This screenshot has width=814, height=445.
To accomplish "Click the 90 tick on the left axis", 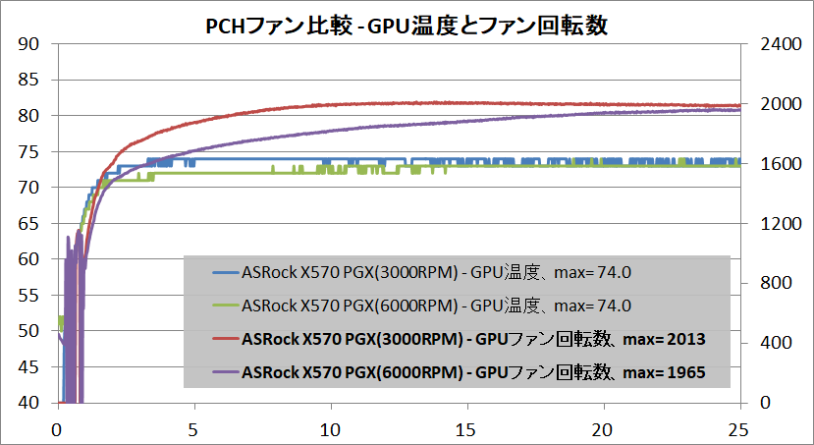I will pyautogui.click(x=29, y=43).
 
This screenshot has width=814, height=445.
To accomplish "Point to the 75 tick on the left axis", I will pyautogui.click(x=29, y=151).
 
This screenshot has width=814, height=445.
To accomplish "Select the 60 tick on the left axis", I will pyautogui.click(x=29, y=259).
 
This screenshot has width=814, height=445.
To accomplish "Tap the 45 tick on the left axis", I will pyautogui.click(x=29, y=367).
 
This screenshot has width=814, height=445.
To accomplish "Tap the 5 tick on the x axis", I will pyautogui.click(x=194, y=429).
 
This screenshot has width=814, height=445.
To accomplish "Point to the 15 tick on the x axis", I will pyautogui.click(x=467, y=429).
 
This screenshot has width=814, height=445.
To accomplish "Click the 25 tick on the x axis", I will pyautogui.click(x=740, y=429).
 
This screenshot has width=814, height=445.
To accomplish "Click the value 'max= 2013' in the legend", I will pyautogui.click(x=668, y=339).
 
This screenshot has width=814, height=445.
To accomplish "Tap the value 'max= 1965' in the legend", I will pyautogui.click(x=668, y=372).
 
